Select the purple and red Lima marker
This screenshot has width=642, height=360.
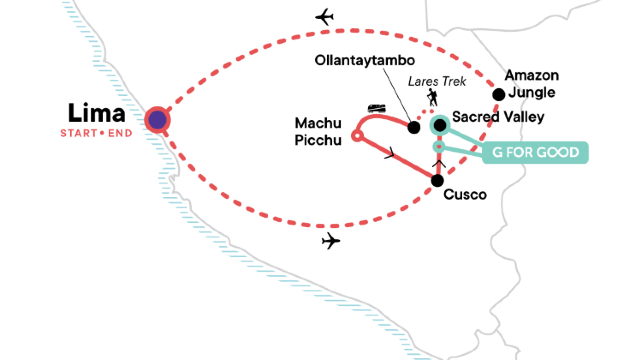pyautogui.click(x=157, y=120)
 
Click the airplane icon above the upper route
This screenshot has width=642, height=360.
pyautogui.click(x=323, y=17)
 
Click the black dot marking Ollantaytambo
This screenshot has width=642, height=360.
pyautogui.click(x=414, y=127)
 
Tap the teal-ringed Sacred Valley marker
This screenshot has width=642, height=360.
pyautogui.click(x=438, y=125)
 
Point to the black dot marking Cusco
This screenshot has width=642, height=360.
pyautogui.click(x=437, y=180)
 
